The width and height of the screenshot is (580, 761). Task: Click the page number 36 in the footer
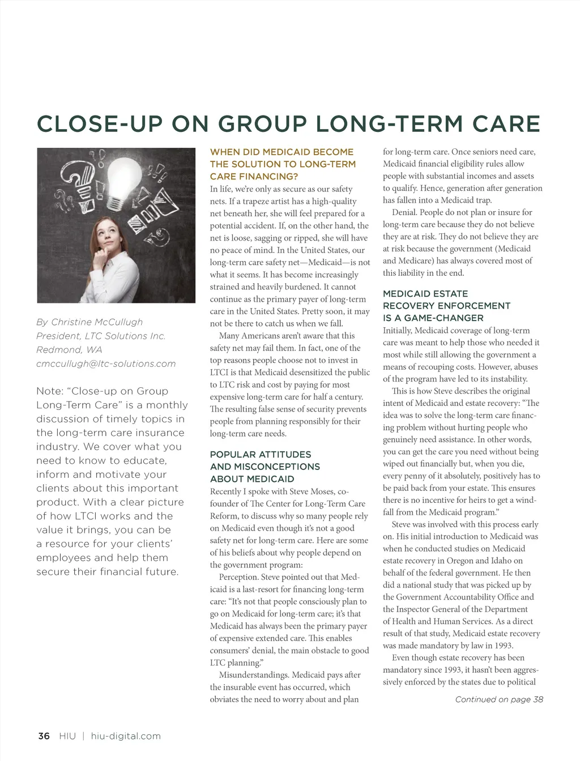click(x=44, y=736)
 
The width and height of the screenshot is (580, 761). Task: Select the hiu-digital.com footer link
click(x=126, y=736)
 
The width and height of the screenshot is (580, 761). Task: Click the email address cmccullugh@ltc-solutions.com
click(x=106, y=364)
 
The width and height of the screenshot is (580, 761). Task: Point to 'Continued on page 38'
click(x=499, y=699)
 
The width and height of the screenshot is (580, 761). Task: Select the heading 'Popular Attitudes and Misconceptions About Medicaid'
click(x=265, y=467)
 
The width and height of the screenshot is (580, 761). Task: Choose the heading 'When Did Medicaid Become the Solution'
click(x=283, y=164)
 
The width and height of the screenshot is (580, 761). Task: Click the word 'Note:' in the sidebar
click(x=49, y=391)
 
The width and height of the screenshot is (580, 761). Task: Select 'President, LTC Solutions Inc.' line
click(x=101, y=336)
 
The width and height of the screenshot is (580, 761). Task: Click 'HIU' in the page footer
click(x=67, y=736)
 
